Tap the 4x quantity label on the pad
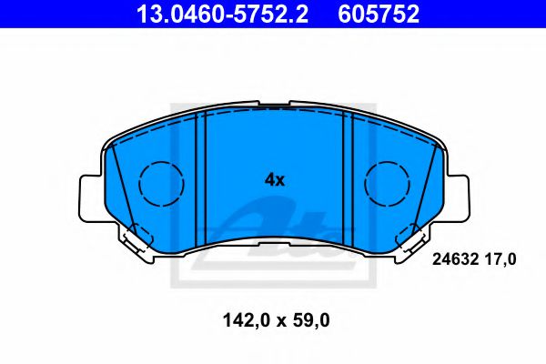click(275, 180)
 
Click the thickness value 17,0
click(500, 259)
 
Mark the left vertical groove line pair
click(203, 177)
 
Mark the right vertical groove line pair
click(347, 177)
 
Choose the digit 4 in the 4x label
click(269, 180)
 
